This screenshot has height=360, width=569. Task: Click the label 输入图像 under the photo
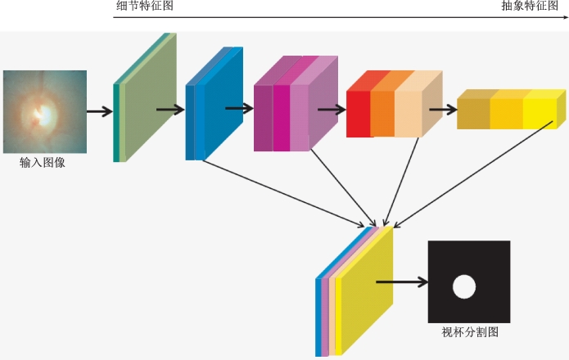(43, 163)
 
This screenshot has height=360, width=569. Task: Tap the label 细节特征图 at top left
(145, 6)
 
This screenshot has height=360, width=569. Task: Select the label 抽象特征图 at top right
(530, 6)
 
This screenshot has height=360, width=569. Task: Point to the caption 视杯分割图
(470, 331)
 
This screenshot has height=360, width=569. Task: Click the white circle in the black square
(464, 286)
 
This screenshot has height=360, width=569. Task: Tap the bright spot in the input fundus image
(43, 115)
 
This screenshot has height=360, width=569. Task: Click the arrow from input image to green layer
(99, 111)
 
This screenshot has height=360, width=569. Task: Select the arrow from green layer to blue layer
(170, 109)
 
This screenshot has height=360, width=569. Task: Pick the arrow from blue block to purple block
(239, 108)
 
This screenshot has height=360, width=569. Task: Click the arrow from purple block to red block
(332, 109)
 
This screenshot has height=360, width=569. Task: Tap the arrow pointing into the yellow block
(443, 109)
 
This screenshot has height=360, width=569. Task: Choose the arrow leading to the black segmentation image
(402, 281)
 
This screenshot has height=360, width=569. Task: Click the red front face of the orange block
(358, 114)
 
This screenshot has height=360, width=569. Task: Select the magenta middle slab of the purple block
(282, 118)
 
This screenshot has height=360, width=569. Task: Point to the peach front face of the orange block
(408, 114)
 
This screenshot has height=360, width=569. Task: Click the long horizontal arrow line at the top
(341, 17)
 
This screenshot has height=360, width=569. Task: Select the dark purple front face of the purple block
(264, 118)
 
